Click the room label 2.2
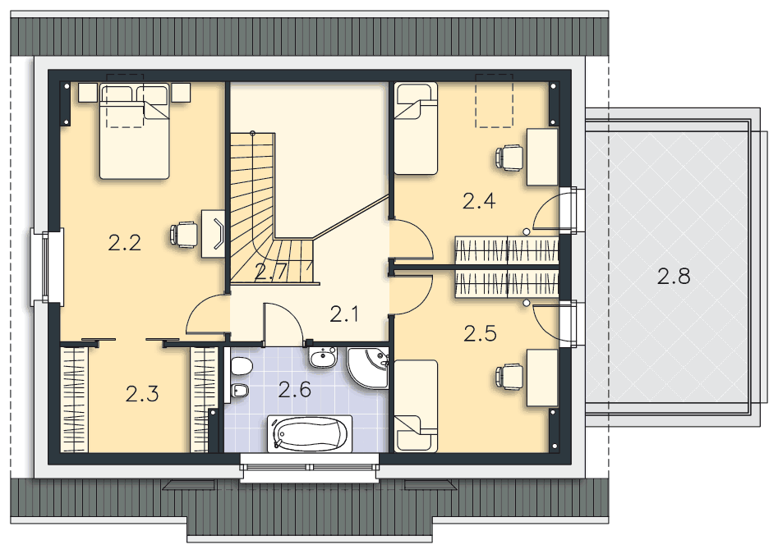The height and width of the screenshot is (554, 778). pos(125,243)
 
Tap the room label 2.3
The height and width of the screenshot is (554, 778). pos(142,394)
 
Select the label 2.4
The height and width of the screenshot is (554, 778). pos(478,200)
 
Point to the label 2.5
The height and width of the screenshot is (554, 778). pos(481,333)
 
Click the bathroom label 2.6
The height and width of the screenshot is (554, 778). pos(294,389)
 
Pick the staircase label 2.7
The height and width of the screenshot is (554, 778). pos(269,273)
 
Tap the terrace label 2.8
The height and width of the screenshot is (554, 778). pos(674,277)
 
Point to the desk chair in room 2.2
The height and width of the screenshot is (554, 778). pos(183,235)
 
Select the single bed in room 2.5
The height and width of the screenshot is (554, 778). pos(415,405)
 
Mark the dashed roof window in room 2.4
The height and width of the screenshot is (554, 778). pos(495,101)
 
